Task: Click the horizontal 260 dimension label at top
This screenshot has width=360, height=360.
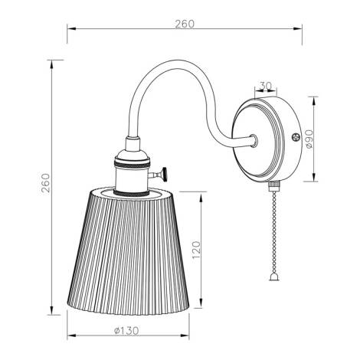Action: (x=185, y=24)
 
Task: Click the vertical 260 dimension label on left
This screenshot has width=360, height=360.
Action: (x=46, y=183)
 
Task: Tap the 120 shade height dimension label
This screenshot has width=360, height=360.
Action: (x=196, y=250)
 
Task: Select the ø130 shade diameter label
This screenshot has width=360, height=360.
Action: (x=126, y=331)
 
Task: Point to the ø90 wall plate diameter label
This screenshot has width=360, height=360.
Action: (x=309, y=139)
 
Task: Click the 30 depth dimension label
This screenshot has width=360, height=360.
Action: (x=266, y=86)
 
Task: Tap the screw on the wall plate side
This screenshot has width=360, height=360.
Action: (x=296, y=137)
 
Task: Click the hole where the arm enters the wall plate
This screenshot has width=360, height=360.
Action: (x=254, y=140)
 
